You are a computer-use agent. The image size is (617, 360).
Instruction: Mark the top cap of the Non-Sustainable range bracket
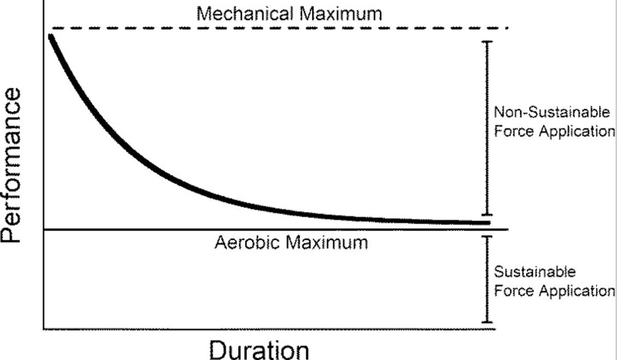[x=488, y=42]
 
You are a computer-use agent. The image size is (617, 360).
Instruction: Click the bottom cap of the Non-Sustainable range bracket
[x=488, y=215]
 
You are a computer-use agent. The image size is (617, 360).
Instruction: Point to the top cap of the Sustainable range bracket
[x=488, y=237]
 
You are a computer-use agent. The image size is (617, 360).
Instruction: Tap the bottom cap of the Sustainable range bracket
[x=488, y=322]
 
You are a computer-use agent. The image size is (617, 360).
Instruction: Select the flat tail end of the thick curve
[x=487, y=222]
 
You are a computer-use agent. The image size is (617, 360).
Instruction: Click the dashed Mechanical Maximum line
[x=273, y=28]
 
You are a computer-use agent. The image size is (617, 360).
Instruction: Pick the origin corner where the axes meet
[x=43, y=329]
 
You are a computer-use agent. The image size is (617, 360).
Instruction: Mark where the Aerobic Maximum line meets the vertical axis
[x=43, y=229]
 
